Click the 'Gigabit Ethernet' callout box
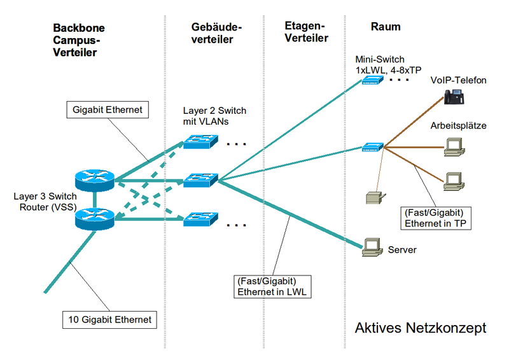coord(106,110)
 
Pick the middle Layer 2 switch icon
coord(201,181)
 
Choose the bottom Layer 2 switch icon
coord(201,219)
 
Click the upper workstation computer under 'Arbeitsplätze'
coord(454,146)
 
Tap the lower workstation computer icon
coord(454,181)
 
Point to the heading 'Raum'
coord(385,27)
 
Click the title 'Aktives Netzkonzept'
coord(421,328)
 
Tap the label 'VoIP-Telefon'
coord(458,80)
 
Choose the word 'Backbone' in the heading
coord(79,28)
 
